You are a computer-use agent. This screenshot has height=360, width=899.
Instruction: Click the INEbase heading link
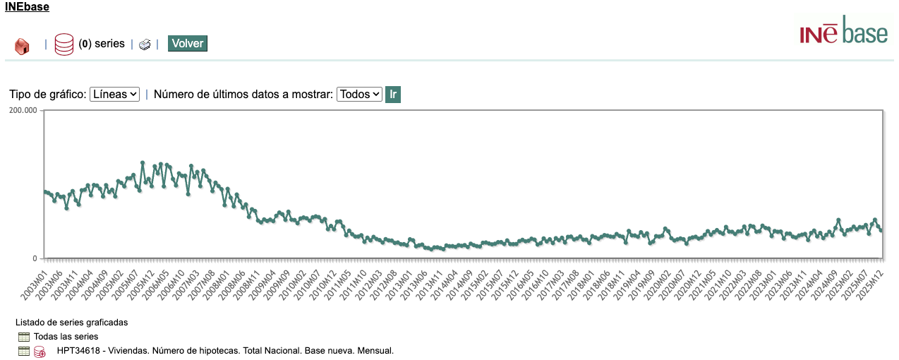[x=27, y=8]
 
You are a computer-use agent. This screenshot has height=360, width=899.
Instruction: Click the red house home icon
[x=22, y=46]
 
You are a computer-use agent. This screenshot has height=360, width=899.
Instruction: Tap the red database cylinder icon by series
[x=64, y=44]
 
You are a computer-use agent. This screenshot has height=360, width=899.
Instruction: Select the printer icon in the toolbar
[x=145, y=44]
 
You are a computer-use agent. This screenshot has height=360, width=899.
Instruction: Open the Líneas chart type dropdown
[x=114, y=94]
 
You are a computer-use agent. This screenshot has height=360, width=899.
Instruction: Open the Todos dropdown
[x=359, y=94]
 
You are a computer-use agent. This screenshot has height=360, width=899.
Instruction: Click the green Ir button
[x=393, y=94]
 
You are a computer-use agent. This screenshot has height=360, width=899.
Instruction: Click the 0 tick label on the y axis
[x=34, y=258]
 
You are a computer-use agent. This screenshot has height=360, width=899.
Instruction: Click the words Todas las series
[x=66, y=337]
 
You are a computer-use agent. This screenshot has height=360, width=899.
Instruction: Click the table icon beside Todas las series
[x=24, y=337]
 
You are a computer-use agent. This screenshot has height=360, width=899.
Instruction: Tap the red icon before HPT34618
[x=40, y=352]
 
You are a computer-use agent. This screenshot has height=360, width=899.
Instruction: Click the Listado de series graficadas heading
[x=71, y=323]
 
